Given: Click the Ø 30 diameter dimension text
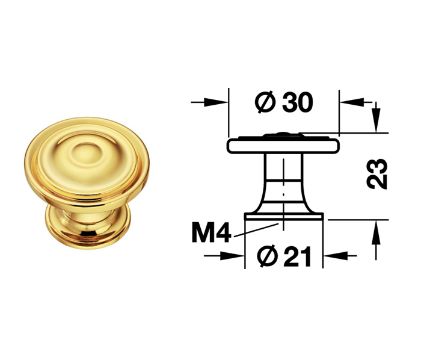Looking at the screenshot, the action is coord(284,102).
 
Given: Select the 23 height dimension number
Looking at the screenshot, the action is coord(377,174).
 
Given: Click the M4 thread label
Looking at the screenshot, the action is coord(211,234).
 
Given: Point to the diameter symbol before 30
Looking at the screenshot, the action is coord(265,102).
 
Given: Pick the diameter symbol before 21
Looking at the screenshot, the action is coord(268,256).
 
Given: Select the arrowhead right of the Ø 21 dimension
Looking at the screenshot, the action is coord(336,256).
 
